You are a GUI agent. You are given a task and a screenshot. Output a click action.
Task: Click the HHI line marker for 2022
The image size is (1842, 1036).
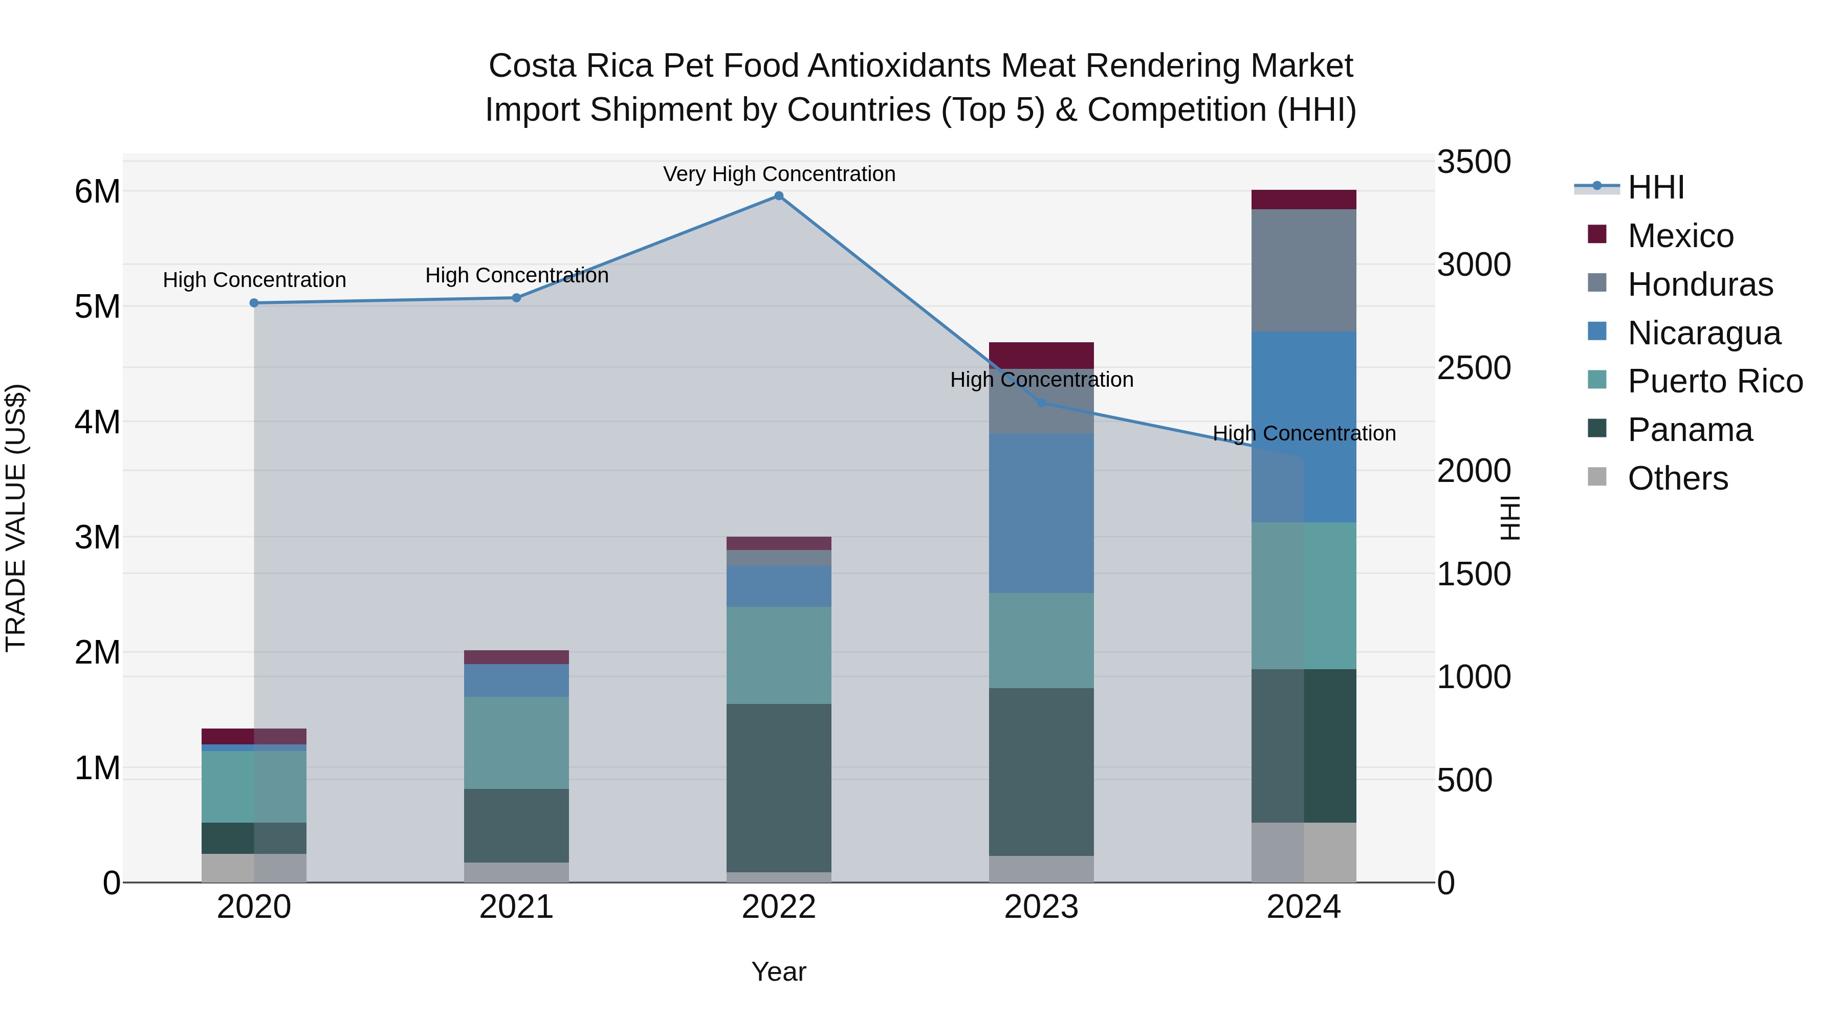click(779, 196)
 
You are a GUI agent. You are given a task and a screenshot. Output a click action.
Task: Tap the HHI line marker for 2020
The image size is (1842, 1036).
click(254, 303)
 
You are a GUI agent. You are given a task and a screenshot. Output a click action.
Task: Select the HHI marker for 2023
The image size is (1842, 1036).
click(1041, 403)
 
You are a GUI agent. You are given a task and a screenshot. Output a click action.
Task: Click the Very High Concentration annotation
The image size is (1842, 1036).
click(779, 174)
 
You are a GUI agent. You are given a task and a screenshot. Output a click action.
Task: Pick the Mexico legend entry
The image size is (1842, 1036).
click(1680, 236)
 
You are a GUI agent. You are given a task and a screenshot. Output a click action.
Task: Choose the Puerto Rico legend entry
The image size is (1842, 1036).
click(1714, 381)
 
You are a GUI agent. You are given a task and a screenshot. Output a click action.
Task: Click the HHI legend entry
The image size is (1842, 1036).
click(1655, 187)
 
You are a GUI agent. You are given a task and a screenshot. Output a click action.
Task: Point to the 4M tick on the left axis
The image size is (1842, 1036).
click(98, 422)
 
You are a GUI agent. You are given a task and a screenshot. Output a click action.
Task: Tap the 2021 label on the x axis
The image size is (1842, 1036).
click(516, 907)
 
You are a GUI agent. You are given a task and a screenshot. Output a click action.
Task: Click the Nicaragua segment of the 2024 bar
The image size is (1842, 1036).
click(1304, 427)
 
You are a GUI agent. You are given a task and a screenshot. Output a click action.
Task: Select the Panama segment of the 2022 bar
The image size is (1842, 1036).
click(779, 787)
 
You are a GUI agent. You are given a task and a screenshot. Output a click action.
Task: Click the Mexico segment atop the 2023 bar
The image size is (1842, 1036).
click(1041, 356)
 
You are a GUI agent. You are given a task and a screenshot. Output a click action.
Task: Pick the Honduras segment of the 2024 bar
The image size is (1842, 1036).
click(1304, 270)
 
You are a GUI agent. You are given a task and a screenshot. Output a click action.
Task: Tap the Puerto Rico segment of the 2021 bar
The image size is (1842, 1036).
click(516, 742)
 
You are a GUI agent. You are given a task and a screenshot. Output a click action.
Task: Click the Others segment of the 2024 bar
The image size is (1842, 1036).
click(1304, 852)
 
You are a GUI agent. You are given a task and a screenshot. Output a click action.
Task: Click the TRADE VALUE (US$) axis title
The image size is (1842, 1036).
click(16, 518)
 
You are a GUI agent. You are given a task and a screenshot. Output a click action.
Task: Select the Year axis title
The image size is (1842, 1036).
click(779, 972)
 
